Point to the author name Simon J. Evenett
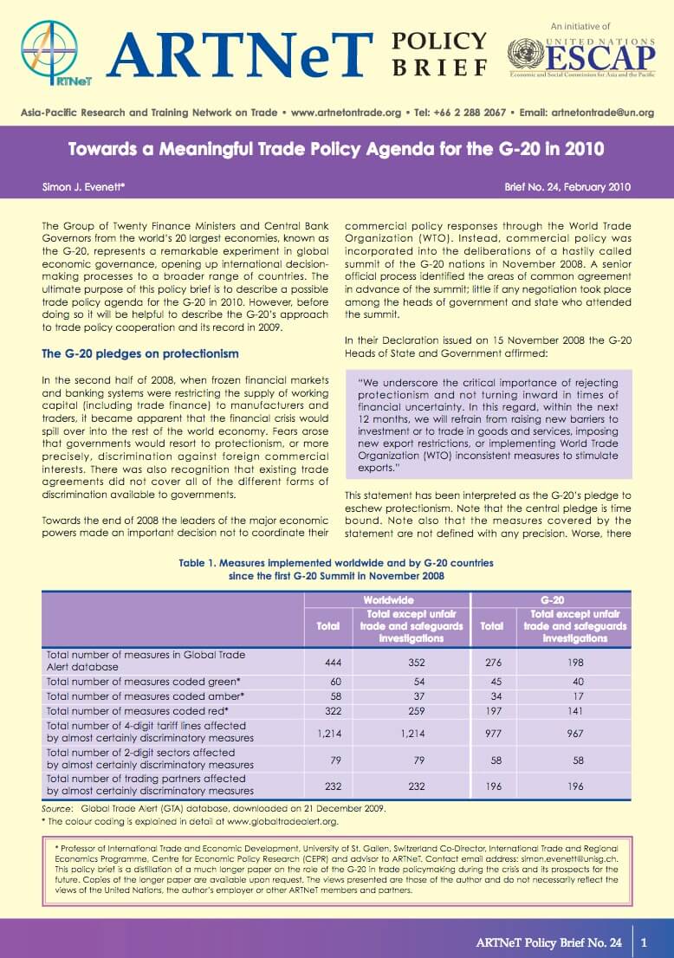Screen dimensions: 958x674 (x=84, y=186)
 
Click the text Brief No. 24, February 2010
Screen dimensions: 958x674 (x=567, y=186)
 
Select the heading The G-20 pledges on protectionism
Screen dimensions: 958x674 (x=140, y=353)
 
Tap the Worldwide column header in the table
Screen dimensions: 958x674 (x=387, y=599)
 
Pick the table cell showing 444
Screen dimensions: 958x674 (x=328, y=661)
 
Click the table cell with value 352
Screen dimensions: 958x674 (x=399, y=661)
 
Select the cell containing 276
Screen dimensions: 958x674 (x=491, y=661)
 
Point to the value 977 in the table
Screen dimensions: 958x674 (x=491, y=732)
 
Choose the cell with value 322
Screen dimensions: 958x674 (x=328, y=710)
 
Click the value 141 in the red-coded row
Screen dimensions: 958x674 (x=575, y=710)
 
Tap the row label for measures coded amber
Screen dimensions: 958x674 (x=145, y=696)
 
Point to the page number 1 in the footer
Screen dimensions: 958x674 (x=644, y=942)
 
